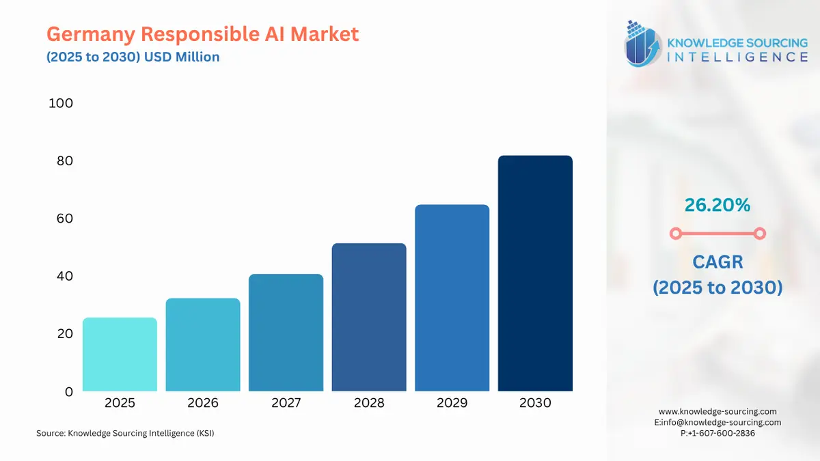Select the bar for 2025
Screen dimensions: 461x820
(x=120, y=354)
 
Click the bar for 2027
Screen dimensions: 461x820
(x=286, y=333)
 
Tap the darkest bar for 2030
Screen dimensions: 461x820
(x=535, y=273)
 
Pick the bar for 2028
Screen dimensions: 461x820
(x=369, y=318)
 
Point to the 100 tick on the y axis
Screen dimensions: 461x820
(x=61, y=103)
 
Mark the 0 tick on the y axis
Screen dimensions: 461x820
(x=68, y=392)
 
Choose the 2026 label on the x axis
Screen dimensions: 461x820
(x=203, y=403)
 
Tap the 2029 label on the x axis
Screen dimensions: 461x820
(x=452, y=403)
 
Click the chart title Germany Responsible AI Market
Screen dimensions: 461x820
(x=202, y=34)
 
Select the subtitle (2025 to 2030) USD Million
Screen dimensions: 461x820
(x=133, y=57)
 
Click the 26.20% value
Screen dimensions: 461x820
(x=717, y=204)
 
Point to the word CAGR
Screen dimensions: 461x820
(x=717, y=262)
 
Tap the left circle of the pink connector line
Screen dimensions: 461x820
(x=675, y=234)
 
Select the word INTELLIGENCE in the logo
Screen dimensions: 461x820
(x=737, y=57)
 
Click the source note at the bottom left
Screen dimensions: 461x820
(x=125, y=433)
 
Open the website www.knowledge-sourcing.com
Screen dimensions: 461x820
(x=717, y=411)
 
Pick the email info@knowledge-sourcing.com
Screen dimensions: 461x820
(x=721, y=422)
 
